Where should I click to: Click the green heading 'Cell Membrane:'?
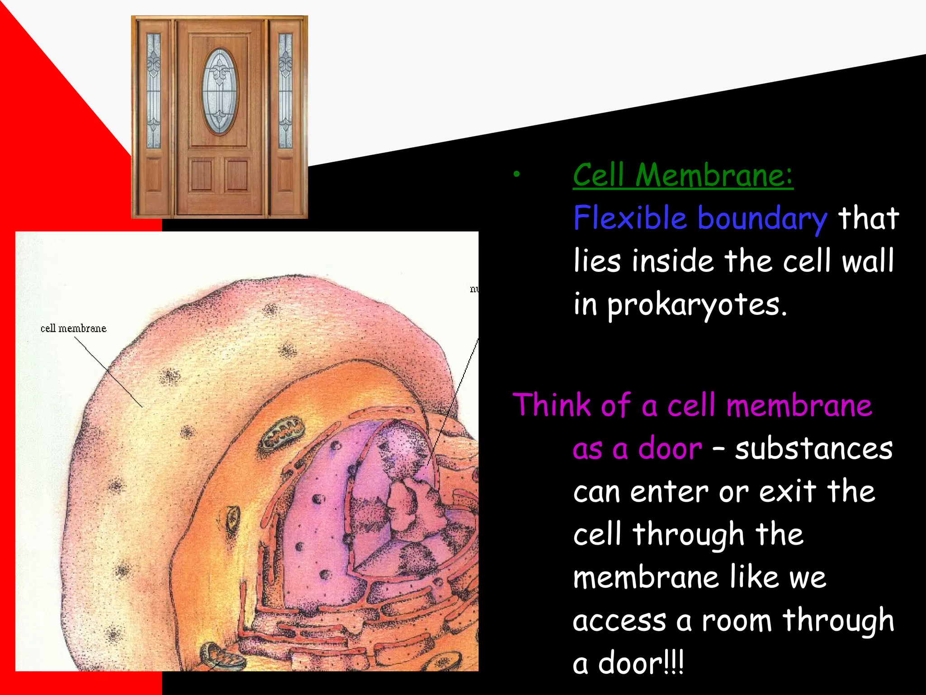click(x=683, y=175)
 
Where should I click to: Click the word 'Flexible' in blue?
click(x=630, y=218)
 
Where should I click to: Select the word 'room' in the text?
click(x=737, y=620)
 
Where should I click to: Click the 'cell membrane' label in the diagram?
click(x=73, y=328)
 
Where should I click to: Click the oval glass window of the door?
click(x=220, y=92)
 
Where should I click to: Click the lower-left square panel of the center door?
click(x=202, y=175)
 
